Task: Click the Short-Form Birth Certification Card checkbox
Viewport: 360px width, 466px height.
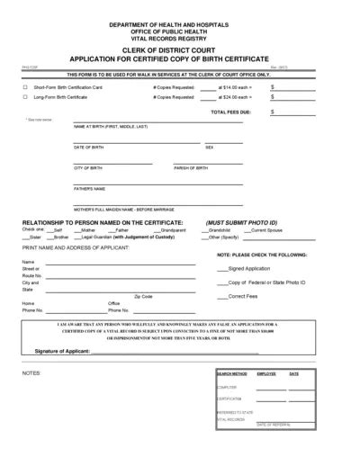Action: [x=24, y=86]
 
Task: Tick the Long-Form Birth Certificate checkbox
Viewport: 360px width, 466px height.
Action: [x=24, y=96]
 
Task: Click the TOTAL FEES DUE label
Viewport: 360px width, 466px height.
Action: [x=230, y=112]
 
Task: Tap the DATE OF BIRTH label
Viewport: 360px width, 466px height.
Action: [x=89, y=147]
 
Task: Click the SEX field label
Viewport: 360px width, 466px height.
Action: [x=209, y=147]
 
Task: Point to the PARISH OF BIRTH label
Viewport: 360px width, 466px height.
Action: [x=191, y=168]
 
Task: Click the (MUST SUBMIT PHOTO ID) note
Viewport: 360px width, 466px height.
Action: [x=240, y=221]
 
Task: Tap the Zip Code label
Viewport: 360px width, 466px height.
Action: [x=143, y=296]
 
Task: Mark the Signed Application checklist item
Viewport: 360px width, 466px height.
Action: [x=248, y=268]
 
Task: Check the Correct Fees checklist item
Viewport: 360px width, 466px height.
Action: [x=243, y=296]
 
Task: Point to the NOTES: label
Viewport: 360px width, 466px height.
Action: [x=32, y=371]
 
